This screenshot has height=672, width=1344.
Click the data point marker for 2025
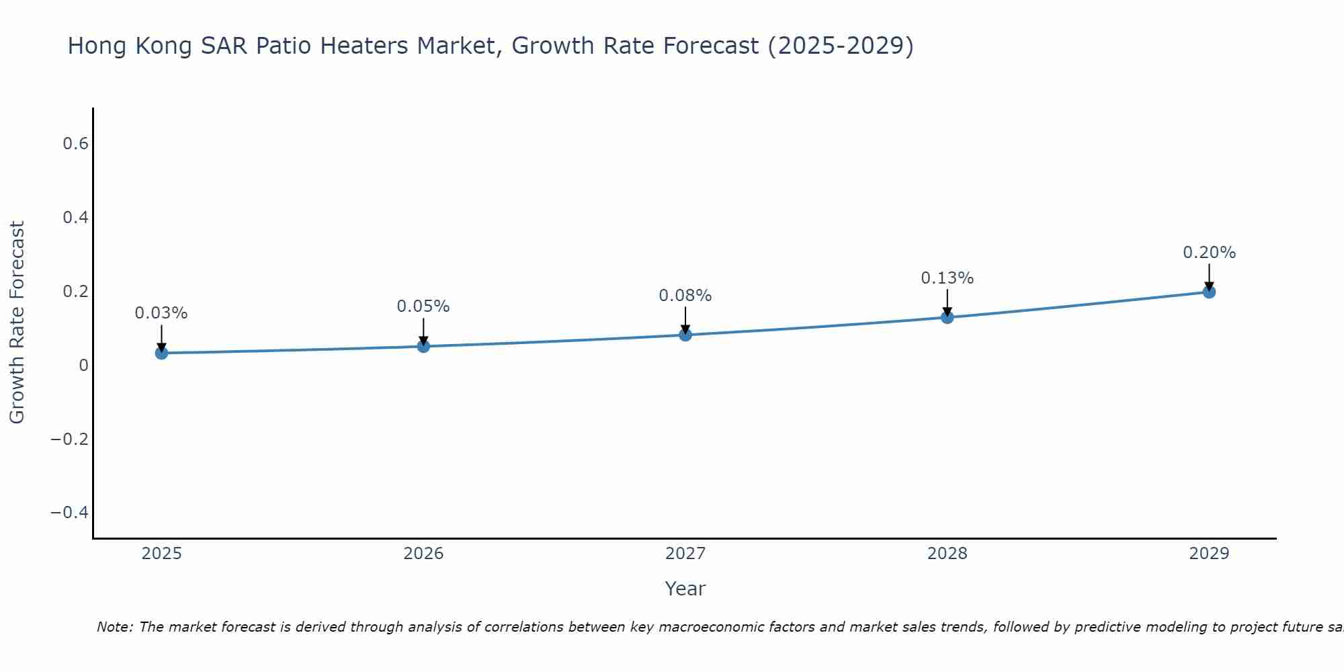point(161,353)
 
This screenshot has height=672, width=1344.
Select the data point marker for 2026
point(423,346)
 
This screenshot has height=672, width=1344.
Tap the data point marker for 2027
point(685,335)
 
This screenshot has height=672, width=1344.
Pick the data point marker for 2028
point(948,317)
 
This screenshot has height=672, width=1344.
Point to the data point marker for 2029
point(1209,292)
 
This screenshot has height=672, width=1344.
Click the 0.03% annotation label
point(161,313)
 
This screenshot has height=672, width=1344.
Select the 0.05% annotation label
point(423,306)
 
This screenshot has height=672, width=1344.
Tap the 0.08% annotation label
point(685,296)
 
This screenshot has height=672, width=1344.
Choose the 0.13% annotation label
point(948,278)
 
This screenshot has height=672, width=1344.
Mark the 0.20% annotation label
point(1209,253)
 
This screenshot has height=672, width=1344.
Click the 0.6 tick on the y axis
point(75,144)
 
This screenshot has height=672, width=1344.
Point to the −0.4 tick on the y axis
point(70,513)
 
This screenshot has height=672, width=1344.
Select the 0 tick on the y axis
point(83,366)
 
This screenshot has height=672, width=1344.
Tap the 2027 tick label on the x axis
point(685,554)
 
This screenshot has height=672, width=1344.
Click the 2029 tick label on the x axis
point(1209,554)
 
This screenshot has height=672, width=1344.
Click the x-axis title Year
point(685,589)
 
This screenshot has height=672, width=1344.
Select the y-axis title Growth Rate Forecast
point(17,323)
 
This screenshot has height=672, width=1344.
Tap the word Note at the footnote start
point(114,628)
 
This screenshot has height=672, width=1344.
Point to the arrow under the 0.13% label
point(948,302)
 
